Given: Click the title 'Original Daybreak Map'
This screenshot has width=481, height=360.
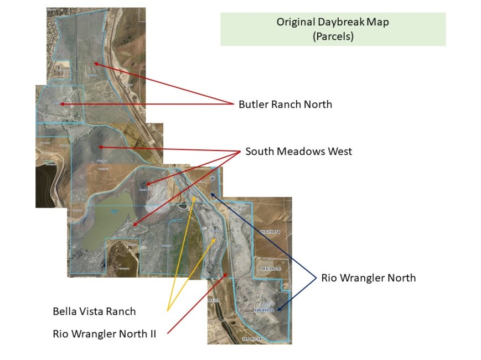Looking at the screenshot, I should click(333, 23).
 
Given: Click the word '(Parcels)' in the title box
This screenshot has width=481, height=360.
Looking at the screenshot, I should click(333, 36).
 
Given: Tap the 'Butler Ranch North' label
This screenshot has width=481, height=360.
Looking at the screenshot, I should click(285, 104).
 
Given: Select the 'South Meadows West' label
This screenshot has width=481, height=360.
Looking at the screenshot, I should click(298, 151).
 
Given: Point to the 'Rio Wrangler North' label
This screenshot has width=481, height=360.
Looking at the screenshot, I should click(368, 278).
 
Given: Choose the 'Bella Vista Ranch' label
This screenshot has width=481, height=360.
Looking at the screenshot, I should click(94, 311).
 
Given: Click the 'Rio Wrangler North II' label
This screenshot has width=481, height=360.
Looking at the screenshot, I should click(105, 333).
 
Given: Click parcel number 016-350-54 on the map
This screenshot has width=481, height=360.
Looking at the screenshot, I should click(271, 231).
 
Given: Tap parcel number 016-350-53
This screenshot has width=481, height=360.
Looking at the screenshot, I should click(271, 268).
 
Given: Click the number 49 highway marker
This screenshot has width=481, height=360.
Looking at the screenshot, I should click(213, 179).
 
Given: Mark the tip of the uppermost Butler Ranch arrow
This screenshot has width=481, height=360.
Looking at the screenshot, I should click(94, 64).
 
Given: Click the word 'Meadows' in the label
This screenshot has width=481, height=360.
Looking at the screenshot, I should click(299, 151).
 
